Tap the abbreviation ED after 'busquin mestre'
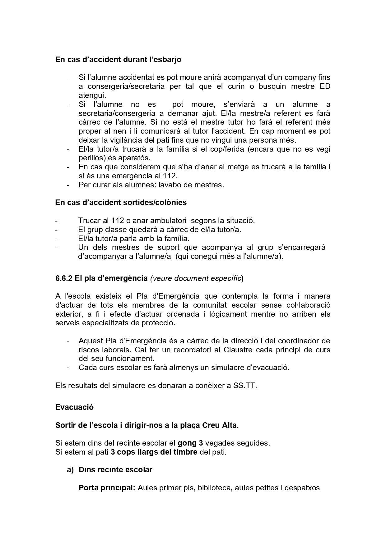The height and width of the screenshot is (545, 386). point(325,86)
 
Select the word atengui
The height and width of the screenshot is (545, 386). point(92,95)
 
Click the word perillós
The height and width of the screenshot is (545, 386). point(90,158)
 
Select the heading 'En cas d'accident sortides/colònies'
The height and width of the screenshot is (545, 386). point(121,203)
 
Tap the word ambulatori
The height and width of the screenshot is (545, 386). point(168,221)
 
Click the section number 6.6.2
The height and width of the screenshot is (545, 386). point(64,278)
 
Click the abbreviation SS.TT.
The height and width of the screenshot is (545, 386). point(245,386)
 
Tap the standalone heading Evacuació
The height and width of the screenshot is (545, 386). point(74,407)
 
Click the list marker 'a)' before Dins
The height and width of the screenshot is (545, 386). point(70,470)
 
